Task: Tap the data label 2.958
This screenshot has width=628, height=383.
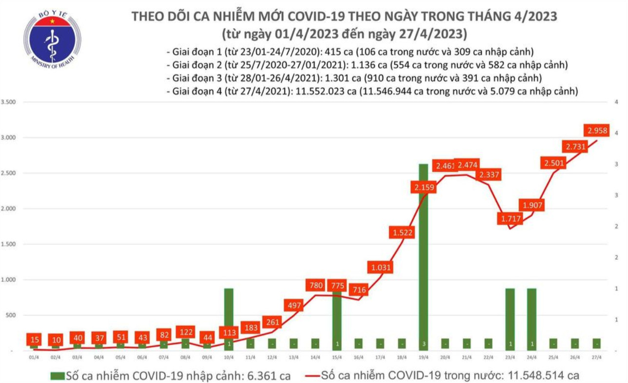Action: point(597,130)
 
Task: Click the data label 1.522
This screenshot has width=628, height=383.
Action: point(402,233)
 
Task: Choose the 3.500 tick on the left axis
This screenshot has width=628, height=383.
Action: point(9,102)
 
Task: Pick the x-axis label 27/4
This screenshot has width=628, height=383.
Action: point(596,358)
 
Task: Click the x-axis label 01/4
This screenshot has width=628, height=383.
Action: point(34,358)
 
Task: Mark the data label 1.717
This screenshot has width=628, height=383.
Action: point(510,219)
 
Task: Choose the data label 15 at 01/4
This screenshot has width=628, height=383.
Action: point(34,339)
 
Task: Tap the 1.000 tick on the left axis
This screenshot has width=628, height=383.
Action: point(9,280)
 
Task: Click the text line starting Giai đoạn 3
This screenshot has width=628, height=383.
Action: point(353,78)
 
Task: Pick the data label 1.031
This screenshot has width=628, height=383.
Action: point(380,267)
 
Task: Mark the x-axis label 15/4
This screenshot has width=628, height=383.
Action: point(337,358)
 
